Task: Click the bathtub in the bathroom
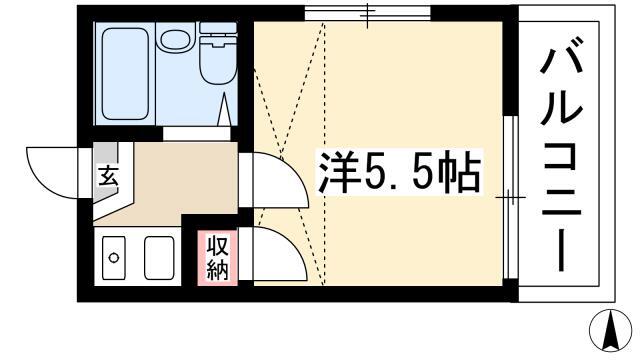[x=125, y=74]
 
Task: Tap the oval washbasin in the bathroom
[x=176, y=39]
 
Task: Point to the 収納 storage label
[x=218, y=257]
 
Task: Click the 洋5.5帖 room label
[x=399, y=171]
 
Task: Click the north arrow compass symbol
[x=610, y=331]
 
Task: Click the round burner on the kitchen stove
[x=113, y=258]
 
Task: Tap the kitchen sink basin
[x=159, y=258]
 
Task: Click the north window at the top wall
[x=367, y=13]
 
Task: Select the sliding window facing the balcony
[x=509, y=197]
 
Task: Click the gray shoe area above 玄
[x=106, y=153]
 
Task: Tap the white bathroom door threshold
[x=197, y=134]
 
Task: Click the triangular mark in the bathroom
[x=224, y=109]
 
